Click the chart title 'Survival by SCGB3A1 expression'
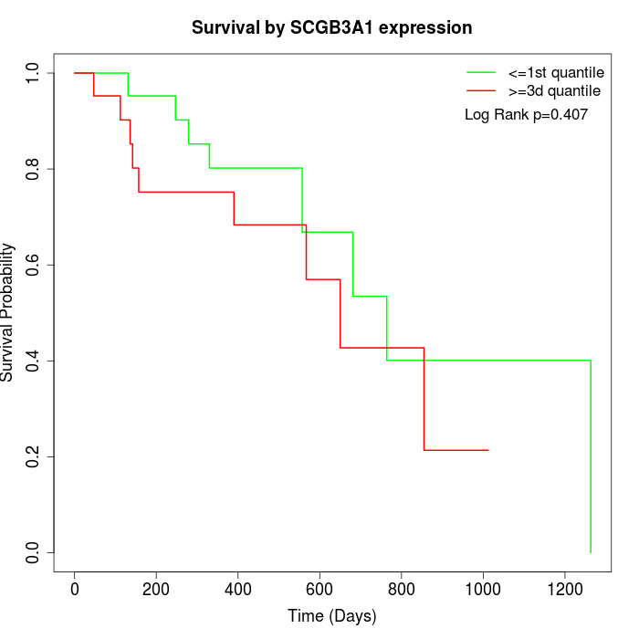[331, 28]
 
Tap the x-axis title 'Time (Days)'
[331, 616]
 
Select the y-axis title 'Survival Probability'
[8, 312]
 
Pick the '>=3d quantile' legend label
[554, 91]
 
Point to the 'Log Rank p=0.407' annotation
[526, 115]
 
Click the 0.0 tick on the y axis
[34, 552]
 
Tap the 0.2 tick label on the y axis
[34, 456]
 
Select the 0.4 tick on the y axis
[34, 361]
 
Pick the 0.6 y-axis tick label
[34, 265]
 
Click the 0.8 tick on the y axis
[34, 169]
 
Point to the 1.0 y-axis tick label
[34, 73]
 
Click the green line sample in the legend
[481, 72]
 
